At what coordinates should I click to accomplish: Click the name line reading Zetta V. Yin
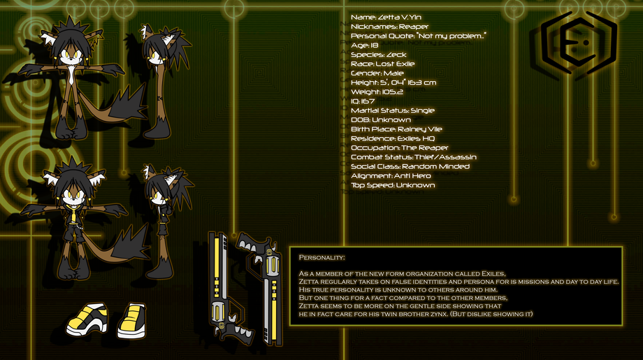point(386,17)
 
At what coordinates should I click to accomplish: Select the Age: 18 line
point(365,45)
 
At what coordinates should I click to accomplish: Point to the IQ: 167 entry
point(363,101)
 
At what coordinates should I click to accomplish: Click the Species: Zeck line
point(379,55)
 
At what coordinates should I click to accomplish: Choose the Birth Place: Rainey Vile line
point(396,129)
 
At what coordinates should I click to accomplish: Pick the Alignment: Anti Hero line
point(391,176)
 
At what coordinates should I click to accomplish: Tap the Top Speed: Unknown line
point(393,185)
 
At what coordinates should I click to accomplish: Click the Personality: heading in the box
point(322,257)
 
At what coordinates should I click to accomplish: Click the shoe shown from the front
point(131,321)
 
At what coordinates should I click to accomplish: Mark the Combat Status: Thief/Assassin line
point(414,157)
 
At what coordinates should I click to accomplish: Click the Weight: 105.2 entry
point(377,92)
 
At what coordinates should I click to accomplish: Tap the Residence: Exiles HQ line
point(393,138)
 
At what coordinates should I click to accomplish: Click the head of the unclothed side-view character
point(164,47)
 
